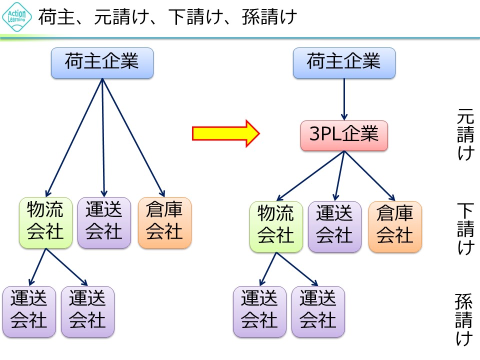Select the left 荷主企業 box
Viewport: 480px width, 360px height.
(102, 63)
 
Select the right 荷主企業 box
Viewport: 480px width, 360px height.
(344, 63)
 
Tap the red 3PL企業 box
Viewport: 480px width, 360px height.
(344, 135)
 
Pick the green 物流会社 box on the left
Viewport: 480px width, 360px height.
(45, 222)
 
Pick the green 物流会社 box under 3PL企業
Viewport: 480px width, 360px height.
(276, 226)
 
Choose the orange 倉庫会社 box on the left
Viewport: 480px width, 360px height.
(164, 222)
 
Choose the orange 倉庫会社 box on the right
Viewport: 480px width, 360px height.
(395, 226)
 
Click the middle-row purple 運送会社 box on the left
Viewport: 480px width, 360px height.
(104, 222)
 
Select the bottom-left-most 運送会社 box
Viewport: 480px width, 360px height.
(29, 311)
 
